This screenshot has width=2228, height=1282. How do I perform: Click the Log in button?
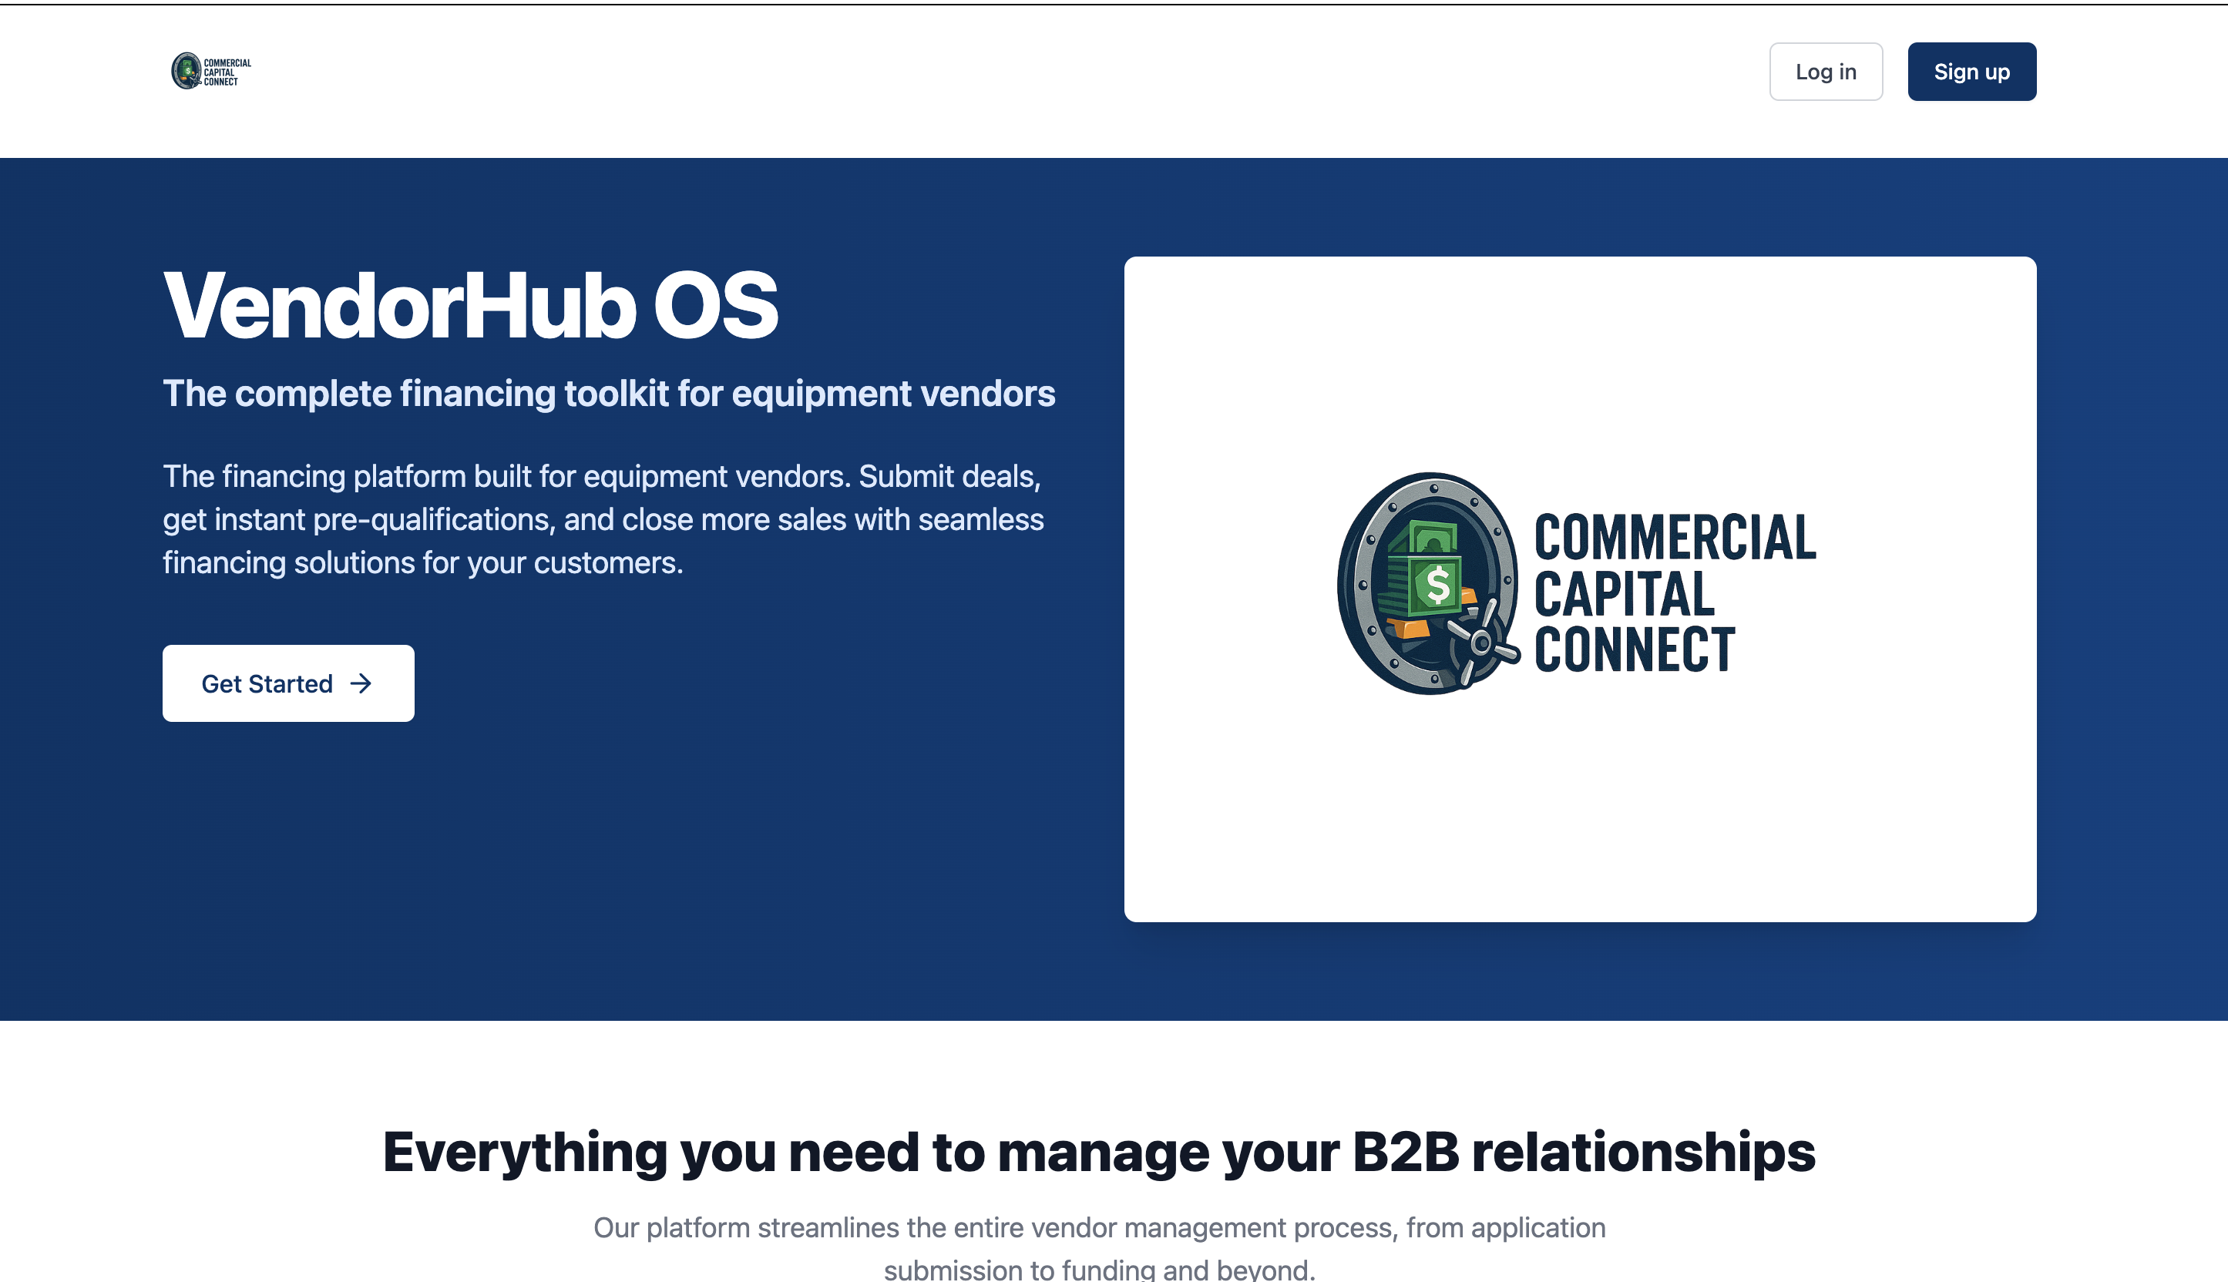point(1826,72)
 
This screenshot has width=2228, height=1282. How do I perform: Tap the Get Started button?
point(288,683)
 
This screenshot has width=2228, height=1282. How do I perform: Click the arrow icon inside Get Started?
point(361,683)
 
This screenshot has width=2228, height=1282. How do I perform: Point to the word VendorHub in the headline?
point(400,306)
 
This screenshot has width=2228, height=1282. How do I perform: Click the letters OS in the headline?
point(715,306)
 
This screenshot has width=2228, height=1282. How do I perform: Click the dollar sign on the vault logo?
point(1437,586)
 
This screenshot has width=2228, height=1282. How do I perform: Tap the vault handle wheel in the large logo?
point(1482,643)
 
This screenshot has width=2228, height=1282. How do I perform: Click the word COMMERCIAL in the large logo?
point(1674,538)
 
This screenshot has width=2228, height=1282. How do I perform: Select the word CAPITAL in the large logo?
point(1624,594)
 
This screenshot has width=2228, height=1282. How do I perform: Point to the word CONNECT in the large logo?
point(1635,649)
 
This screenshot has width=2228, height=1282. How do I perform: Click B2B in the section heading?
point(1406,1152)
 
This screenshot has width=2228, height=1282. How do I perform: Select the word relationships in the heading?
point(1643,1153)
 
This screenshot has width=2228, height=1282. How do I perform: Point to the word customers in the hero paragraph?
point(607,562)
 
